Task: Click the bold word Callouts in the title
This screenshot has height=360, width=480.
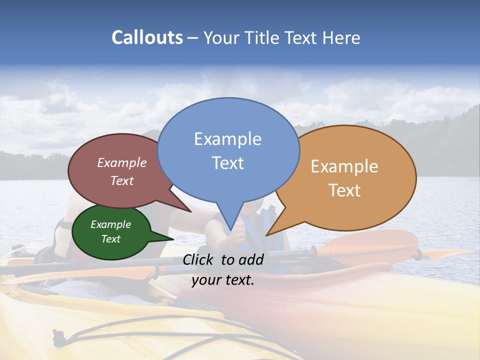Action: (147, 37)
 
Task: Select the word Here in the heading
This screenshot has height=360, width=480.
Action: (340, 37)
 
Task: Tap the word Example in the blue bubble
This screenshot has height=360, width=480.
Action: (227, 139)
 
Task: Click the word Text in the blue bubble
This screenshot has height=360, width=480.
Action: (227, 163)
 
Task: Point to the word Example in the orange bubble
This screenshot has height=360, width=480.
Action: (344, 166)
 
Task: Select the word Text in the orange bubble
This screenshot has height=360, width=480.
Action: (344, 190)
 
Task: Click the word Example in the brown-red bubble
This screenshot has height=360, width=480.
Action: (122, 162)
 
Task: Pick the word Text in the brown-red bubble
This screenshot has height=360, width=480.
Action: (122, 180)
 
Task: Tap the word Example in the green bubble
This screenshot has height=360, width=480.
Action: (110, 224)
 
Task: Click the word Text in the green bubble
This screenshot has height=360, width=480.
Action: (110, 239)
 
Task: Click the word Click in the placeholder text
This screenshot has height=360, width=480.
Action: (199, 259)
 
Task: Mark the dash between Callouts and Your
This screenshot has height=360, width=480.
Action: (193, 38)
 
